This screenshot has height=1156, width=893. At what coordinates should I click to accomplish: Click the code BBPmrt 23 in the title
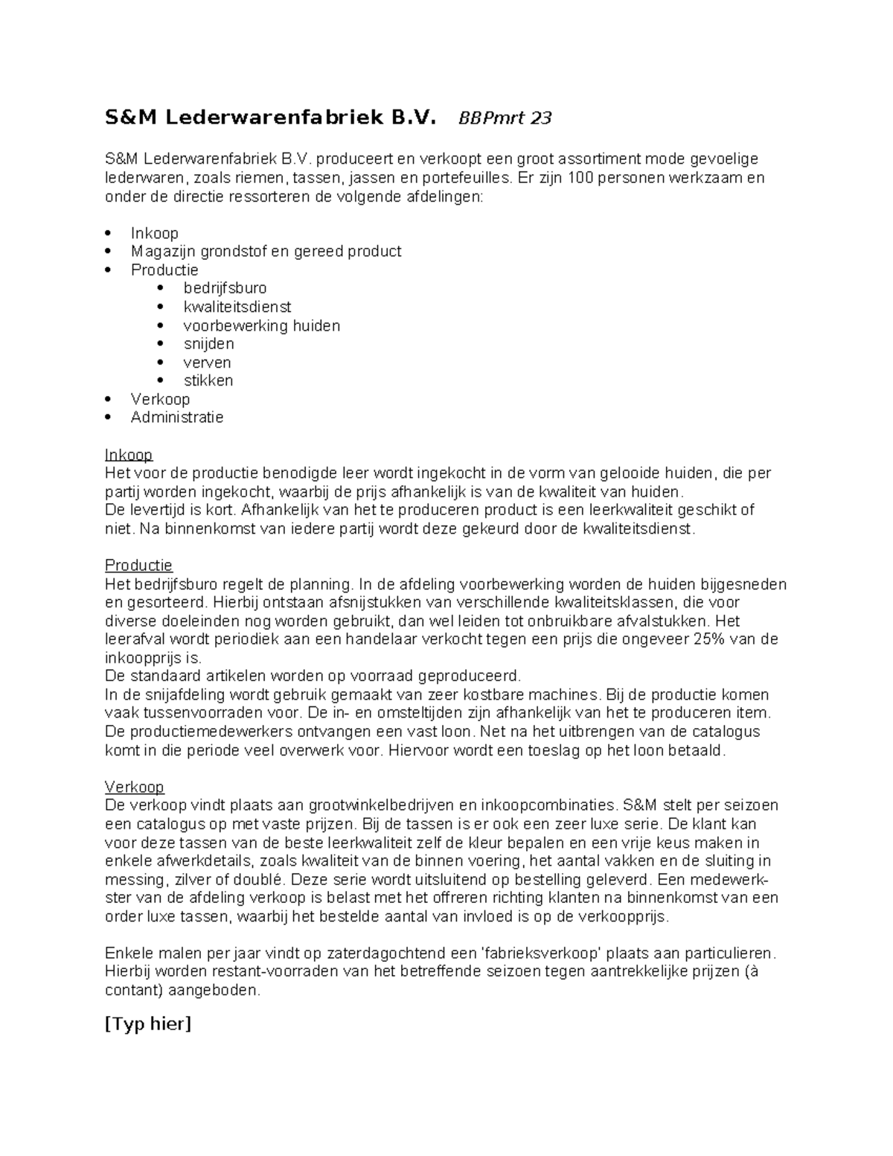point(505,118)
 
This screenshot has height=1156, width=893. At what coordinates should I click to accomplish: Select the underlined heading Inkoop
point(129,455)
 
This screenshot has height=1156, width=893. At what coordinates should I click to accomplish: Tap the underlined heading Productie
point(138,566)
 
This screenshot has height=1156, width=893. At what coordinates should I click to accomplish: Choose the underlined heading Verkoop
point(134,787)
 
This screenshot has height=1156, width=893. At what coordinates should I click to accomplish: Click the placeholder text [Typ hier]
point(148,1024)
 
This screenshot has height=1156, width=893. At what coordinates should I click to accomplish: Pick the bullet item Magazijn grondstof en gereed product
point(266,252)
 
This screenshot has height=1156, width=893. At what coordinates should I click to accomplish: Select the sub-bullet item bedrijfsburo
point(225,288)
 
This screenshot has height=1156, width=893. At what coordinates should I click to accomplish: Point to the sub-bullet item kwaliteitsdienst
point(237,307)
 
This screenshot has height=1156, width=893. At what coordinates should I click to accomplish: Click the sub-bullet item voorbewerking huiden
point(261,325)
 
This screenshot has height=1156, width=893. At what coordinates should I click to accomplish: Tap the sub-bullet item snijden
point(208,344)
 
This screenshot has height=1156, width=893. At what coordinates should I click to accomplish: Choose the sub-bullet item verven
point(207,363)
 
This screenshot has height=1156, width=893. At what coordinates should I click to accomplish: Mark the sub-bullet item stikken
point(208,380)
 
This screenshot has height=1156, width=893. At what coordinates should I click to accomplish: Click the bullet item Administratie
point(177,418)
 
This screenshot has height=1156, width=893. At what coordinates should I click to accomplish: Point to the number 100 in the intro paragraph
point(580,178)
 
